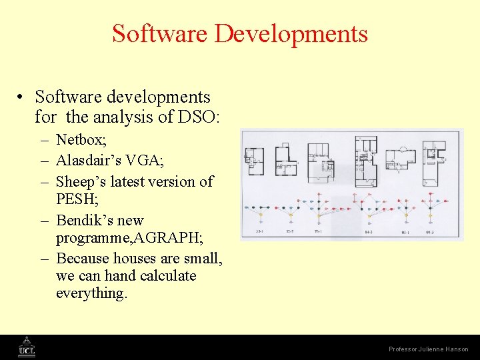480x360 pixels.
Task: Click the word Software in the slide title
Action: [x=162, y=33]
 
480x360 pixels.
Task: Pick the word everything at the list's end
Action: [x=91, y=293]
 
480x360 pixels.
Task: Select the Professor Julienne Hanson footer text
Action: [x=429, y=349]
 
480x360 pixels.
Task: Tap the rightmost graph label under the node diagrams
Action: [x=429, y=232]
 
